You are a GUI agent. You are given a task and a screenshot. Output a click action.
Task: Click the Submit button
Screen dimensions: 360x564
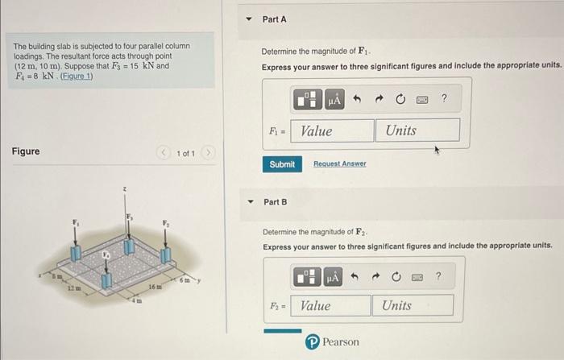pyautogui.click(x=282, y=164)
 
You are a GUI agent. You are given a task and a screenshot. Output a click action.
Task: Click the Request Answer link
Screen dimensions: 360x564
pyautogui.click(x=339, y=164)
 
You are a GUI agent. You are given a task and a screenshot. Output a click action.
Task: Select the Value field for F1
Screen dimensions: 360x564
pyautogui.click(x=333, y=130)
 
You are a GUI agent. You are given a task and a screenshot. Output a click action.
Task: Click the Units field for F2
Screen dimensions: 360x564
pyautogui.click(x=413, y=305)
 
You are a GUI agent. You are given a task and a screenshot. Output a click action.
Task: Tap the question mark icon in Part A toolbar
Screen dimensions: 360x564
pyautogui.click(x=444, y=99)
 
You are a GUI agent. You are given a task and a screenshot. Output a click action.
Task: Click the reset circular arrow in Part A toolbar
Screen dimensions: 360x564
pyautogui.click(x=400, y=100)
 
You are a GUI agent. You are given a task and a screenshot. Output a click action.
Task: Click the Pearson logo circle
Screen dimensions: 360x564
pyautogui.click(x=312, y=342)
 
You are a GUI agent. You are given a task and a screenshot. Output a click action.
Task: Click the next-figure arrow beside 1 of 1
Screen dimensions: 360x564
pyautogui.click(x=208, y=152)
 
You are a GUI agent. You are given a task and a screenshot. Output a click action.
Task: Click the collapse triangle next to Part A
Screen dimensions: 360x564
pyautogui.click(x=248, y=19)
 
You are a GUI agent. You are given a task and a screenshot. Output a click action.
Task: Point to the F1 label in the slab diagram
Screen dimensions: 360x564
pyautogui.click(x=77, y=222)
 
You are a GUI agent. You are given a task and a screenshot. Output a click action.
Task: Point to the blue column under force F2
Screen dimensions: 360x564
pyautogui.click(x=167, y=254)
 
